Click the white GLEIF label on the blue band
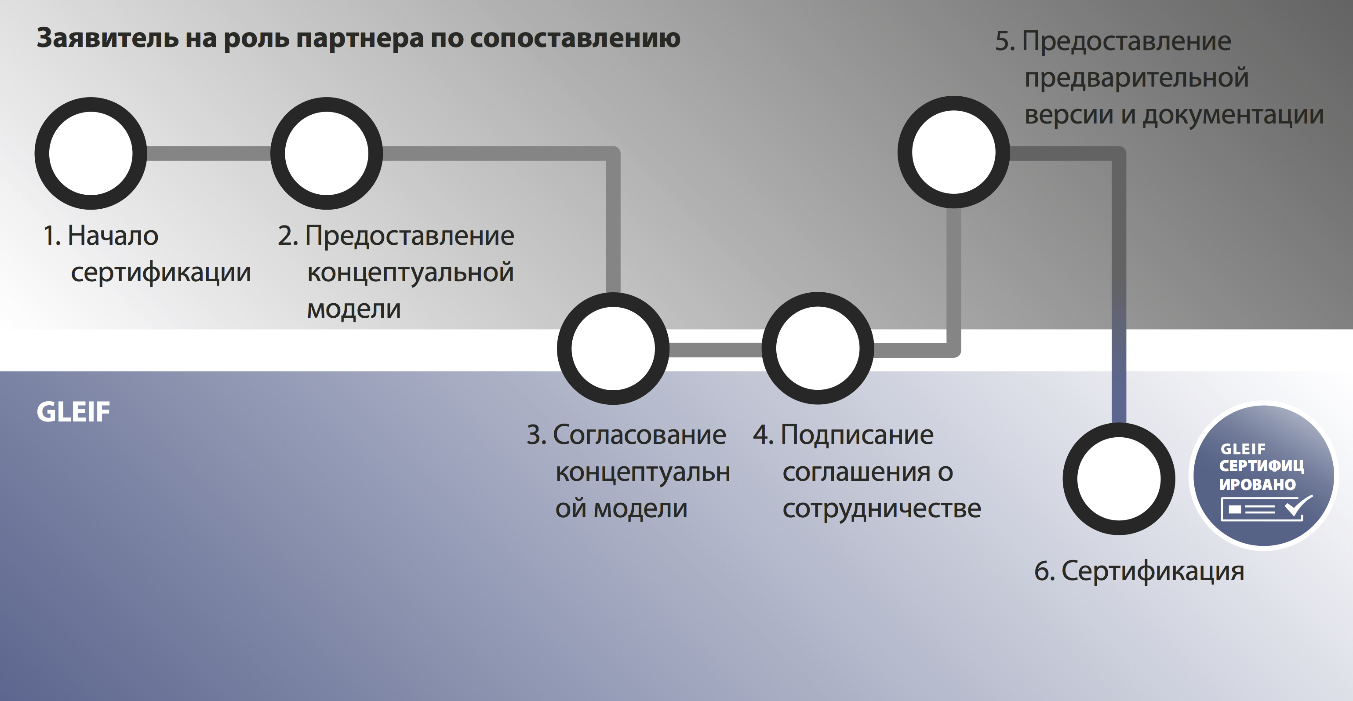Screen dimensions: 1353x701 (x=73, y=412)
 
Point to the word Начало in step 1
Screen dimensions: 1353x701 (x=113, y=236)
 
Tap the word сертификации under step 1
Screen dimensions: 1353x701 (x=161, y=273)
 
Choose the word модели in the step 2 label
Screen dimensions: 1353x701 (x=354, y=309)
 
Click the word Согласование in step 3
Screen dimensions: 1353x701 (x=639, y=435)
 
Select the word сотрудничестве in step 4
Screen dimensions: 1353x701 (x=882, y=509)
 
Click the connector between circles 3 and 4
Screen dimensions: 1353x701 (x=715, y=350)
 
